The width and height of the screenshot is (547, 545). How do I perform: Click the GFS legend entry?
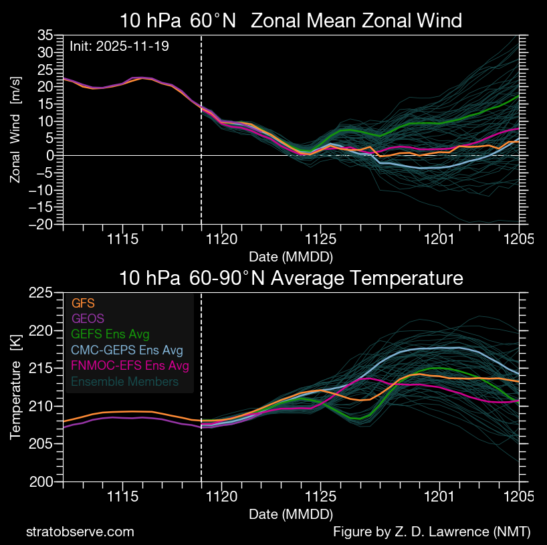[x=83, y=304]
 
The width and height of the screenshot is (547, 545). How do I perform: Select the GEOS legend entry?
[x=87, y=319]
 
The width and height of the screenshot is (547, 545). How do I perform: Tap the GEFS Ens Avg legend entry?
[x=110, y=334]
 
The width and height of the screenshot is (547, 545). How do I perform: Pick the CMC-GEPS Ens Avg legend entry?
[x=127, y=350]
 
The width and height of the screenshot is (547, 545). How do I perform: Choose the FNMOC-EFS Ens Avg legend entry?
[x=130, y=366]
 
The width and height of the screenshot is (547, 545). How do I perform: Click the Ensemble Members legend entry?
[x=125, y=381]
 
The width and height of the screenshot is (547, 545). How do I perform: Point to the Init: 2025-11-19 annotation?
[x=120, y=47]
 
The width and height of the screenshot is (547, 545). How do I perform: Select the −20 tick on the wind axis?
[x=41, y=225]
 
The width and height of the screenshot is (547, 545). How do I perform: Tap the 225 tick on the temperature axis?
[x=42, y=292]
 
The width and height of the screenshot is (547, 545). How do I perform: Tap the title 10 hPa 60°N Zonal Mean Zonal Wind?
[x=291, y=21]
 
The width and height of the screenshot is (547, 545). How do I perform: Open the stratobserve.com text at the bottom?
[x=80, y=532]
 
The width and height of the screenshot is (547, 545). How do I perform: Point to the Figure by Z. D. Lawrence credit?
[x=431, y=532]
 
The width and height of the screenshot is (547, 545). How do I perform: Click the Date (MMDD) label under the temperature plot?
[x=291, y=514]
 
